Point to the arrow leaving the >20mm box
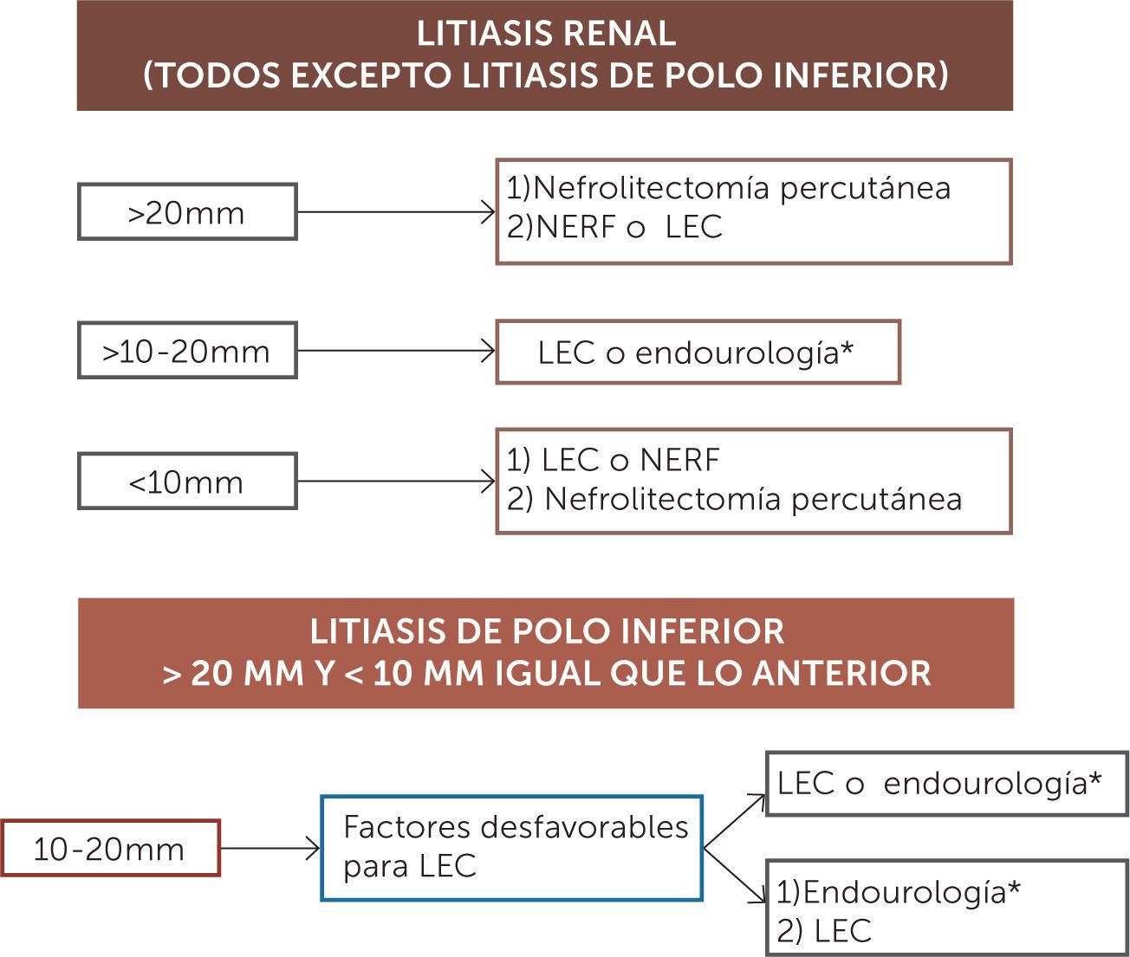[x=396, y=212]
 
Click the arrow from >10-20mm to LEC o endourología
[x=396, y=350]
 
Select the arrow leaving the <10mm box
[x=396, y=482]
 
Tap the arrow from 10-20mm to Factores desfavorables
[x=270, y=848]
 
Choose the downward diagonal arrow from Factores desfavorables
[x=734, y=876]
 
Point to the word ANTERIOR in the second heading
[x=842, y=673]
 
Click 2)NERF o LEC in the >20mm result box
[x=614, y=227]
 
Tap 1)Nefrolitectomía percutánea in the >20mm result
[x=729, y=189]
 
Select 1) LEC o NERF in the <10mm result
[x=613, y=460]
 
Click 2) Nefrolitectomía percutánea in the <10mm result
[x=734, y=499]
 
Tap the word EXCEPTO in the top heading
[x=369, y=75]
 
